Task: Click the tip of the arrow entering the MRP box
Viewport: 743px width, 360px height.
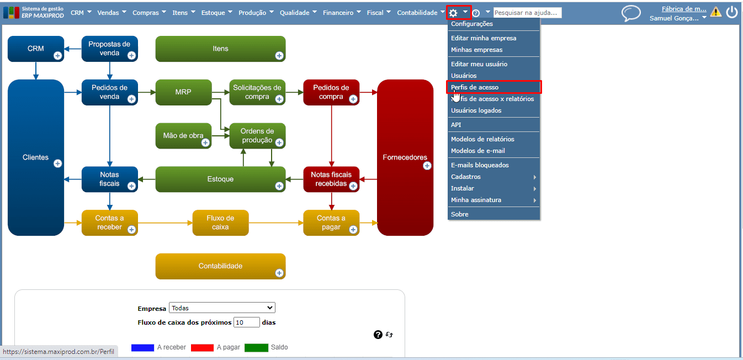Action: pyautogui.click(x=155, y=92)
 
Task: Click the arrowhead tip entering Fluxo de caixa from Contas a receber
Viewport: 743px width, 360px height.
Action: pyautogui.click(x=193, y=223)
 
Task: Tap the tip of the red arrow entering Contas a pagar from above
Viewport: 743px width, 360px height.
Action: pyautogui.click(x=331, y=210)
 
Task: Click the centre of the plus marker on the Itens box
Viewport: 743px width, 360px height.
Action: pyautogui.click(x=279, y=56)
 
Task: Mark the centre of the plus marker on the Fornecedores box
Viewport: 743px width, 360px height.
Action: pyautogui.click(x=427, y=166)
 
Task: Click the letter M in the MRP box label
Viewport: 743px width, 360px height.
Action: pyautogui.click(x=178, y=92)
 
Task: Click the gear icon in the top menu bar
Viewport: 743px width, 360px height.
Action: pyautogui.click(x=453, y=13)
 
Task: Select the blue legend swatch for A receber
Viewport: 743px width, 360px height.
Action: pyautogui.click(x=142, y=347)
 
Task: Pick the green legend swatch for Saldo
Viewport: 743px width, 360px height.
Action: pyautogui.click(x=256, y=347)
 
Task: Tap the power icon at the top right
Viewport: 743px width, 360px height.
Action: pyautogui.click(x=732, y=12)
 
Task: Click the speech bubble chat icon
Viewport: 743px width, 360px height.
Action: pyautogui.click(x=630, y=13)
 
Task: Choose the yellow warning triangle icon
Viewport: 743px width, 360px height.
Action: pyautogui.click(x=716, y=12)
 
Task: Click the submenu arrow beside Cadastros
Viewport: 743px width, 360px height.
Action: pyautogui.click(x=535, y=177)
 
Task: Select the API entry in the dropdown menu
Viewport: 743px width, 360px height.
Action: pyautogui.click(x=456, y=125)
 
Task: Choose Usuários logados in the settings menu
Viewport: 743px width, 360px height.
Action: pyautogui.click(x=476, y=110)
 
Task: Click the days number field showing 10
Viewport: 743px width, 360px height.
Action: pyautogui.click(x=246, y=322)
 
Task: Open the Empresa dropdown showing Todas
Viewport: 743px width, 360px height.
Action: pyautogui.click(x=222, y=308)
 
